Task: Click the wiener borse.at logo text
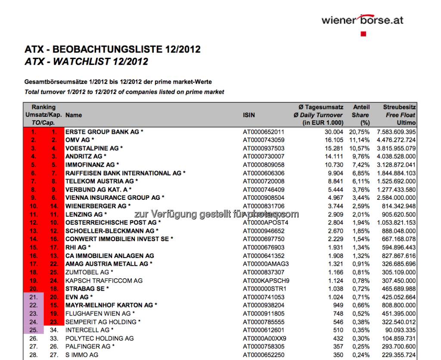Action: point(362,20)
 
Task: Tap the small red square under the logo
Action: point(363,34)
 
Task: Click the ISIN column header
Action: point(249,115)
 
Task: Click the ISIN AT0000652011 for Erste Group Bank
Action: point(264,132)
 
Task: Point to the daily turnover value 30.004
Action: point(334,132)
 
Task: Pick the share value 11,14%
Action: point(360,140)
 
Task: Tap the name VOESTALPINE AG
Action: point(94,148)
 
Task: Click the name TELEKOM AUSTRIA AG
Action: point(102,181)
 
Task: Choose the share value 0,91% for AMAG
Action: point(361,264)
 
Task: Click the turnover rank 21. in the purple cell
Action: point(34,297)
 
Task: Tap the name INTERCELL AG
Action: point(86,330)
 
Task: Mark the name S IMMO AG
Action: point(82,355)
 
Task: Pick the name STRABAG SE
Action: point(87,289)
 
